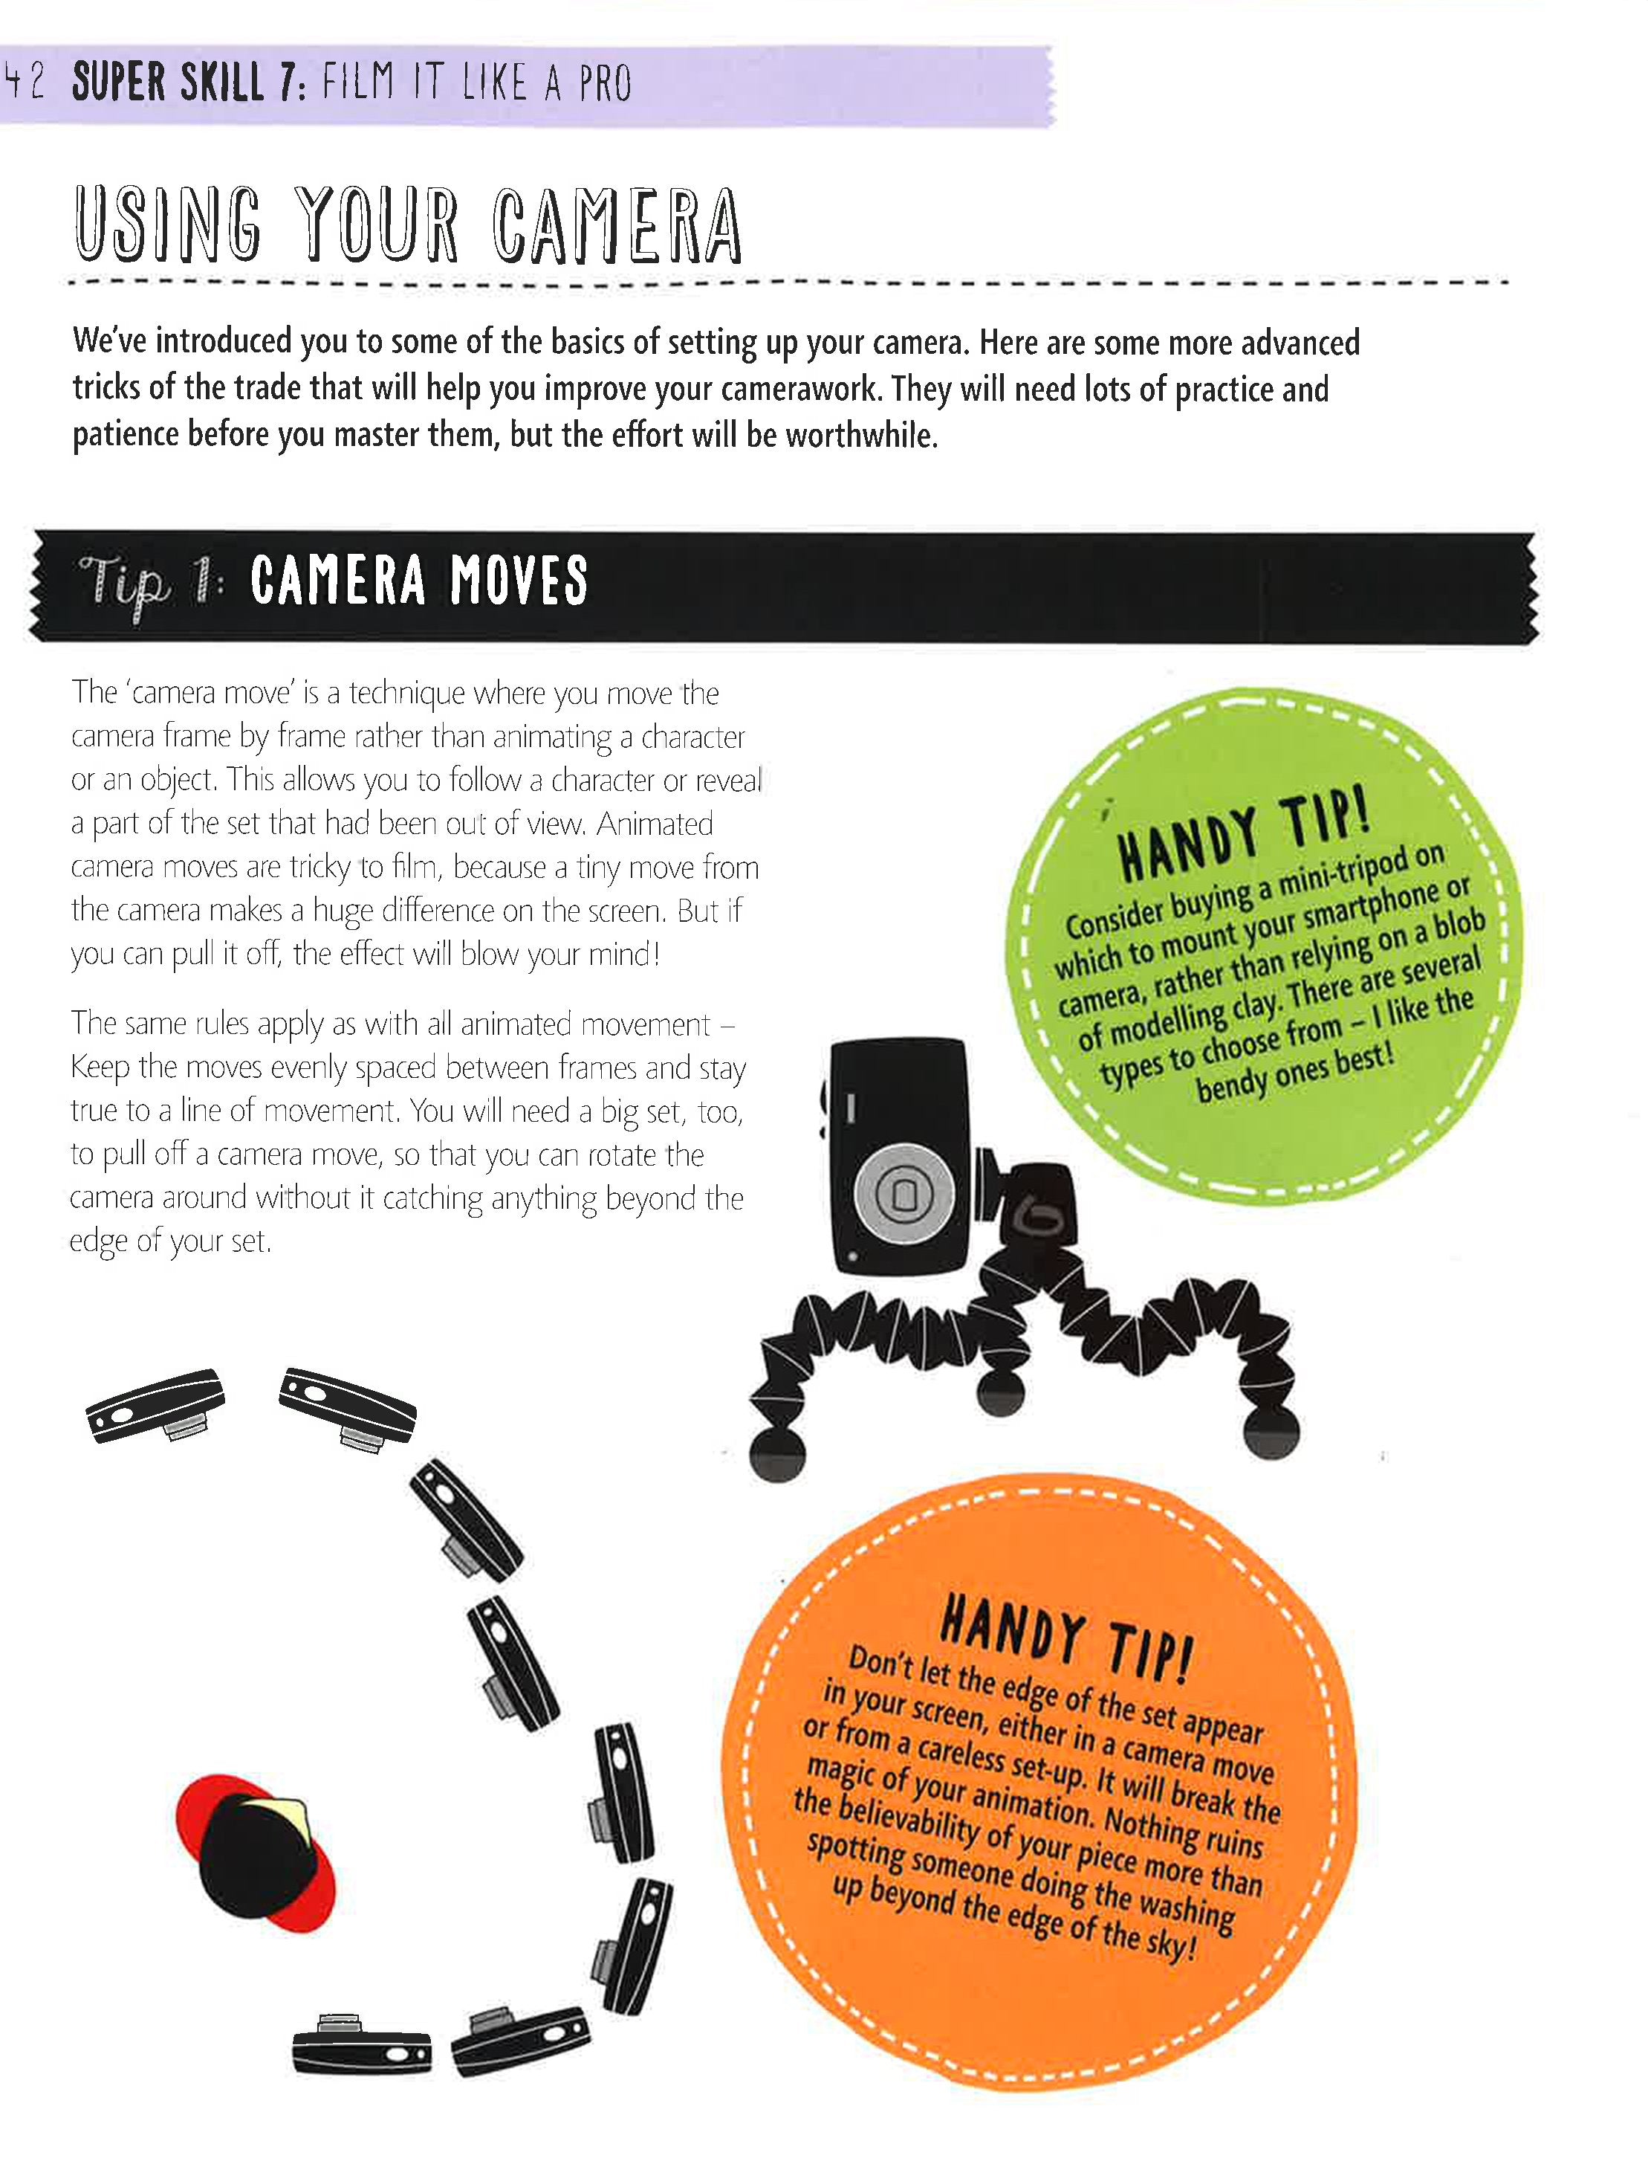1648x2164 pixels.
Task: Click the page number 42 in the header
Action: (x=25, y=83)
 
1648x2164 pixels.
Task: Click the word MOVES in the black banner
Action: (x=518, y=581)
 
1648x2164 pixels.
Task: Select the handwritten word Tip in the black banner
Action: (x=125, y=586)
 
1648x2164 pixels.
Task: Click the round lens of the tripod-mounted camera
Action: (x=904, y=1192)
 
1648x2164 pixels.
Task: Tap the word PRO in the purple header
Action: (x=604, y=85)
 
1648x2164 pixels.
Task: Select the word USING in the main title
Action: (x=169, y=226)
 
